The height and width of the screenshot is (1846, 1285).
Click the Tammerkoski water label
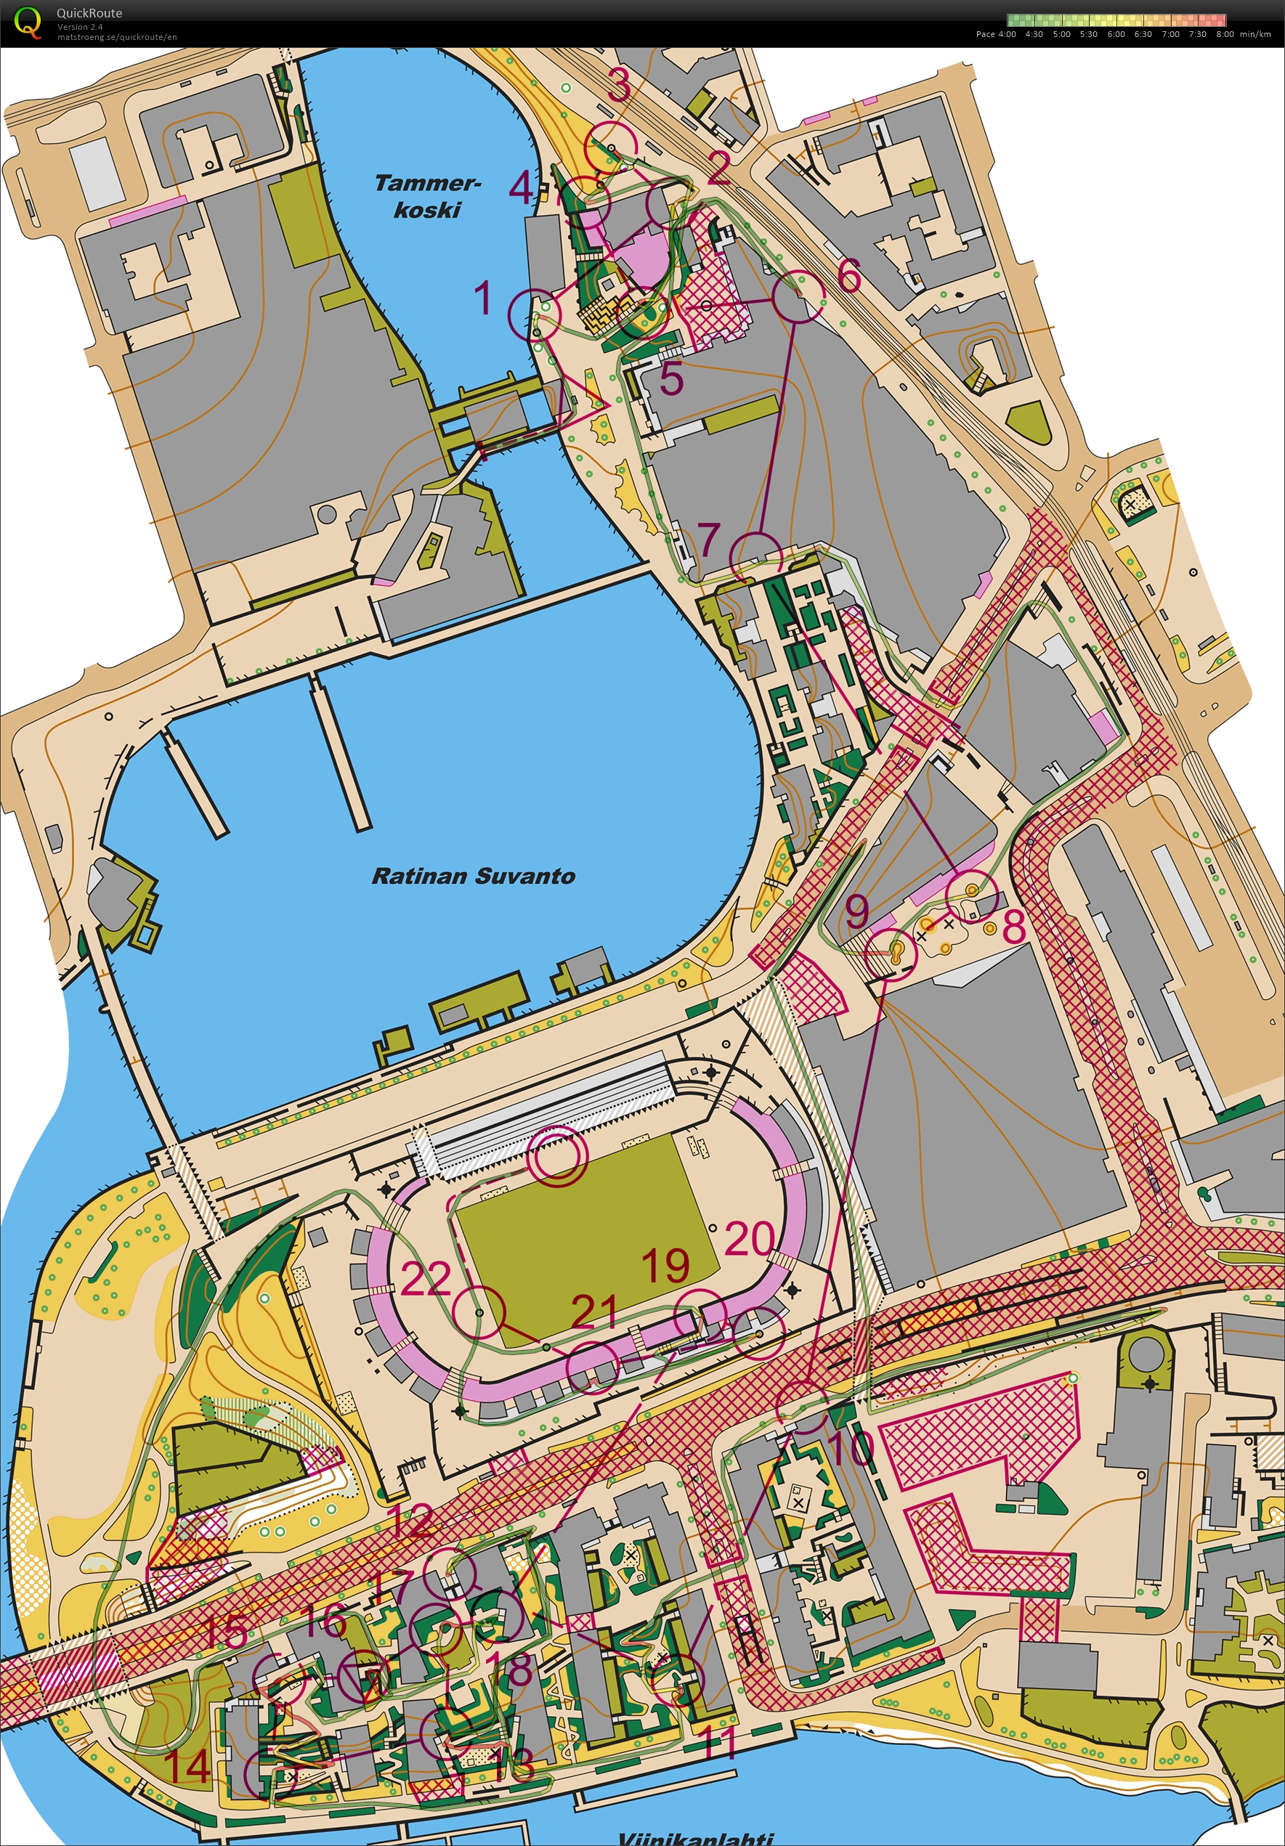[427, 196]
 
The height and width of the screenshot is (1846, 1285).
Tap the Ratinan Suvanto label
[473, 876]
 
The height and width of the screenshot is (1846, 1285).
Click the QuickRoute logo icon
[27, 22]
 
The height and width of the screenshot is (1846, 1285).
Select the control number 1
[482, 298]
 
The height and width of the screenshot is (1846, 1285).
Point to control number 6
[849, 275]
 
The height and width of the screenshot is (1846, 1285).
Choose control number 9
[857, 910]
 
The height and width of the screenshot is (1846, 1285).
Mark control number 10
[851, 1447]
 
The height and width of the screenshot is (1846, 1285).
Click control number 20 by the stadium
[750, 1239]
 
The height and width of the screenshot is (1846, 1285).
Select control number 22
[426, 1278]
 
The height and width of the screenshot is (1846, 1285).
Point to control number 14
[187, 1766]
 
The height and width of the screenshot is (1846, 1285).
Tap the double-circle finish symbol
[556, 1155]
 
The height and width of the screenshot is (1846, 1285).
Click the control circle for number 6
[798, 297]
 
